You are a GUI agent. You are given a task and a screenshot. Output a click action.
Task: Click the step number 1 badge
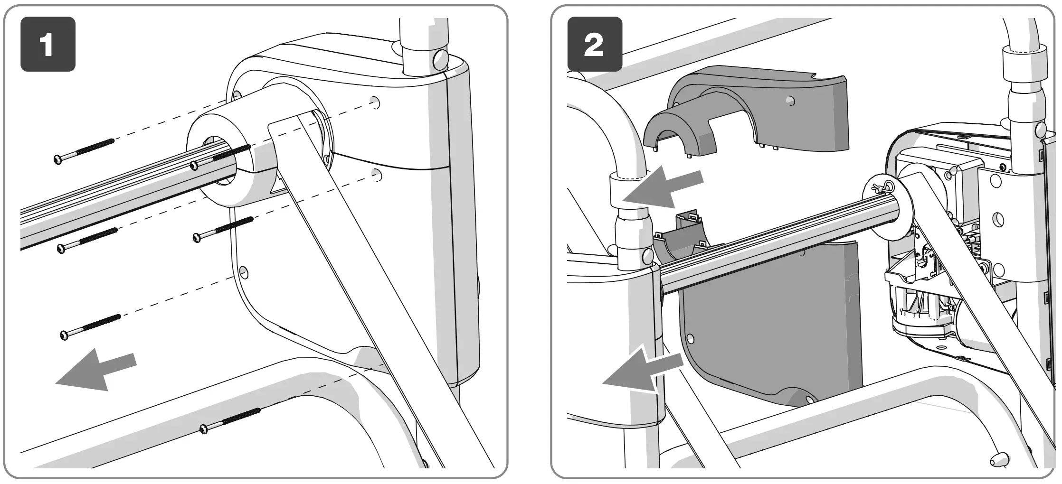click(47, 44)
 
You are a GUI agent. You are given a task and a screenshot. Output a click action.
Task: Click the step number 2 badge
click(595, 44)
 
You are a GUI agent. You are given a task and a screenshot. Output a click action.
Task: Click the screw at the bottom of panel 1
click(231, 419)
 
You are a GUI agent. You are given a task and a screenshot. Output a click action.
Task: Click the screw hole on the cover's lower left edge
click(244, 272)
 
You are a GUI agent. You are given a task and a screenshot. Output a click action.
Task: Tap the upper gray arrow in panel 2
click(663, 189)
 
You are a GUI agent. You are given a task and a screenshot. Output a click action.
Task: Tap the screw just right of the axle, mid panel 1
click(223, 229)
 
